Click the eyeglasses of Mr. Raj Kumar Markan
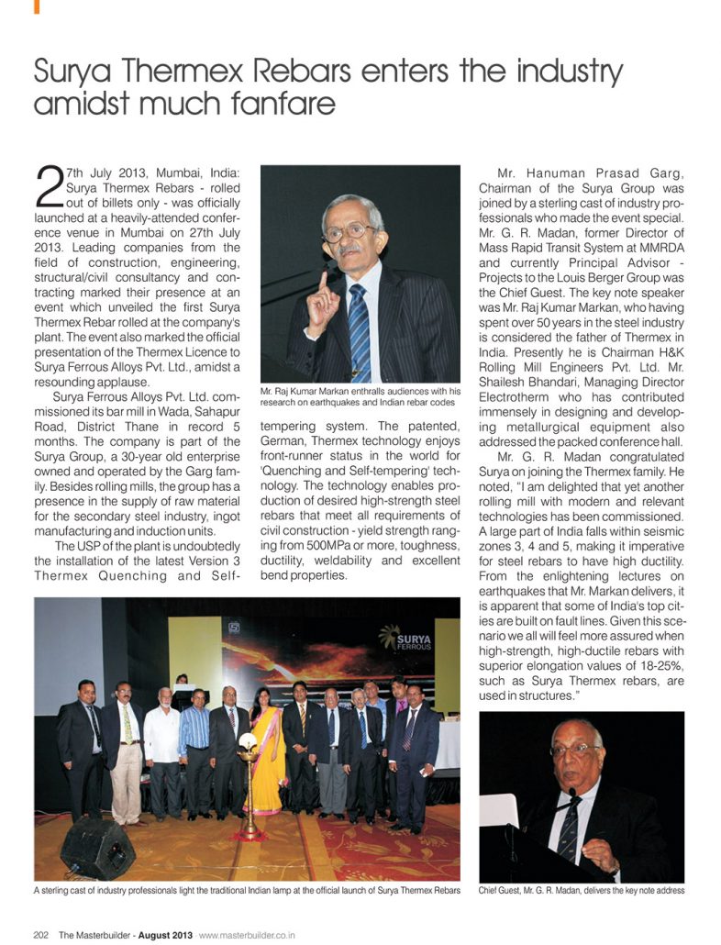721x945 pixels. [x=351, y=231]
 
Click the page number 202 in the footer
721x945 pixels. [x=41, y=935]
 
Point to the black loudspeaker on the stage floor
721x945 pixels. [x=98, y=847]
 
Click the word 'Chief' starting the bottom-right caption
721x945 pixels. [x=491, y=890]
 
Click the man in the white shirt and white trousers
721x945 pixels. [x=162, y=748]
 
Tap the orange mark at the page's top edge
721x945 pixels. [x=38, y=6]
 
